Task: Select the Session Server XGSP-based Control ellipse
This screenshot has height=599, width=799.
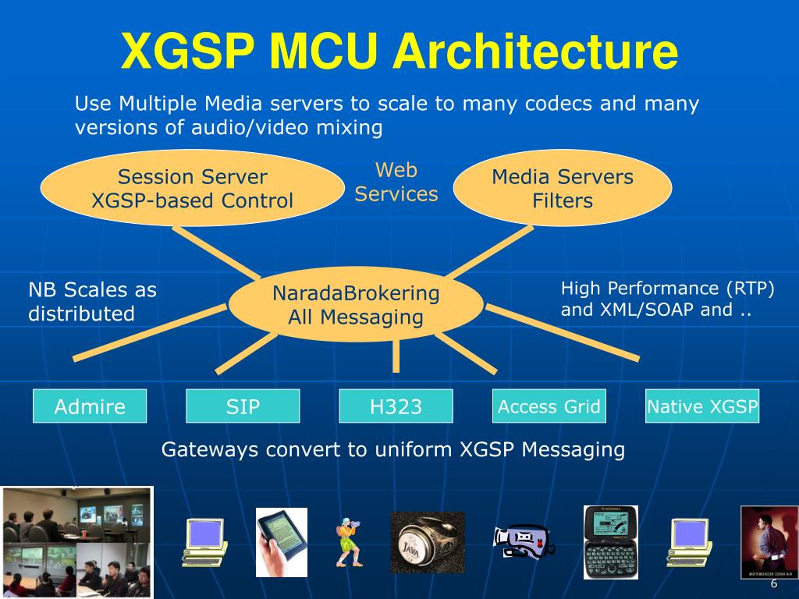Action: tap(192, 189)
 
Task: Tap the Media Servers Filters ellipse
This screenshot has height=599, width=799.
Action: tap(563, 189)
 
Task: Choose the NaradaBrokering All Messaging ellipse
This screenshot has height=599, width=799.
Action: tap(356, 305)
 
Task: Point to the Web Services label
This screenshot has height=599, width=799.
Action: tap(396, 182)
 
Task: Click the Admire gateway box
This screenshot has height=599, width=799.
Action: tap(90, 406)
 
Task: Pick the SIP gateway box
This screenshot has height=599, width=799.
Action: tap(243, 406)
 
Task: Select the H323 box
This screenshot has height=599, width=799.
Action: tap(396, 406)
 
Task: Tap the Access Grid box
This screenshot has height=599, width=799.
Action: tap(549, 406)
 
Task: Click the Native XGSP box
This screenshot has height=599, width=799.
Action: tap(702, 406)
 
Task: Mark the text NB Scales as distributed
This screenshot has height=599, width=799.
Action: tap(92, 302)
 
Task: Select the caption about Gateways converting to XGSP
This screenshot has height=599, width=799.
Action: tap(393, 450)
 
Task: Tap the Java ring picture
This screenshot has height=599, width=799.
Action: tap(427, 543)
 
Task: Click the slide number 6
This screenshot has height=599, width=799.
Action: tap(773, 584)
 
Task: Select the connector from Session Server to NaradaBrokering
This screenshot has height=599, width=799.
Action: tap(215, 251)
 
